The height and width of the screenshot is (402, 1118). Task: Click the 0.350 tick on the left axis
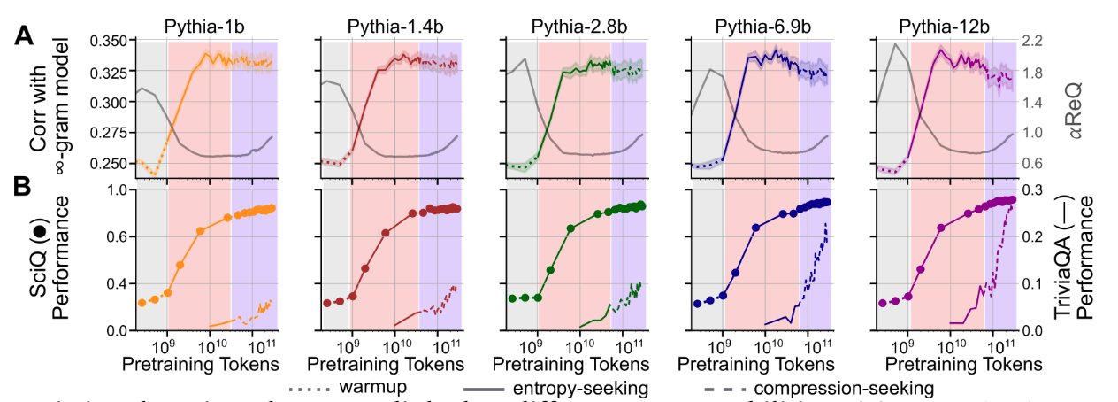click(108, 41)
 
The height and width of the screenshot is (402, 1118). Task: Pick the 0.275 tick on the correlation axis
click(108, 134)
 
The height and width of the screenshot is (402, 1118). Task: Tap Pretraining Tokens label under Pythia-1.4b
click(389, 365)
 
